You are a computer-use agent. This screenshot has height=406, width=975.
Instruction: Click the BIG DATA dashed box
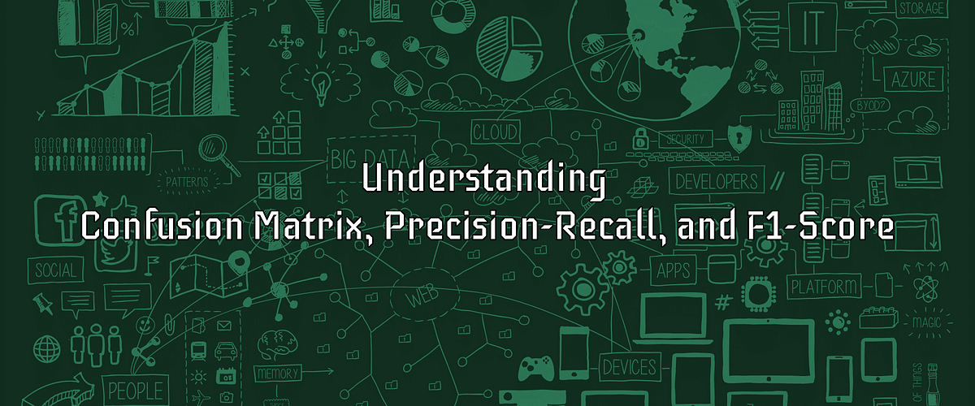point(357,153)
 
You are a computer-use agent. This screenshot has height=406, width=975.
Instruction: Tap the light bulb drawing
point(323,83)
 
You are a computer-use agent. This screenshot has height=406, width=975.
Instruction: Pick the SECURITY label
point(686,139)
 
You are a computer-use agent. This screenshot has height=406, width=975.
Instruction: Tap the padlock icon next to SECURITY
point(641,136)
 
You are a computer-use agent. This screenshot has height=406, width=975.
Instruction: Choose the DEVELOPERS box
point(716,180)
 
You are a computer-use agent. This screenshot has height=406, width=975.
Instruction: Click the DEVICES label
point(630,366)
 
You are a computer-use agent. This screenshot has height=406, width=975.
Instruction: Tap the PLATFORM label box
point(825,287)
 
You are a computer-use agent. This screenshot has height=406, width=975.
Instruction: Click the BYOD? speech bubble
point(869,106)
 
